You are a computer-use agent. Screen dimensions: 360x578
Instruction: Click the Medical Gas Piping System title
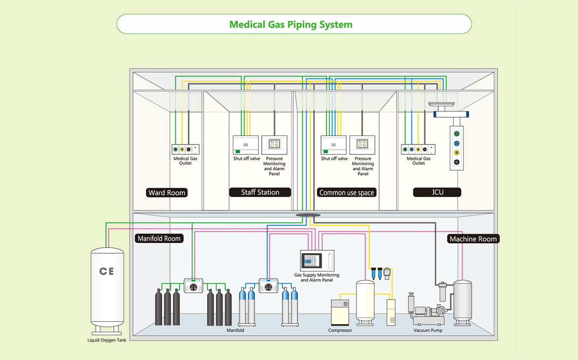coord(291,25)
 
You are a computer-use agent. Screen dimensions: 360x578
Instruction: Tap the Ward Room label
coord(167,193)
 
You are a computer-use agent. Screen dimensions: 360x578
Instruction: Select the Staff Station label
coord(260,192)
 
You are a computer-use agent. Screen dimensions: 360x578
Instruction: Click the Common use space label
coord(346,193)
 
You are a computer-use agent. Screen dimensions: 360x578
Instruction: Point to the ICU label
coord(437,192)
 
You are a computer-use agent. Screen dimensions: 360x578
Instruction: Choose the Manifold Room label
coord(159,239)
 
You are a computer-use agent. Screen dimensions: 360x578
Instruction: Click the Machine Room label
coord(473,239)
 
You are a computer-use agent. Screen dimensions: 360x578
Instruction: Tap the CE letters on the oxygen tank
coord(107,271)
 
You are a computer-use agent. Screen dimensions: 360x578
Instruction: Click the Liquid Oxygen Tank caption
coord(107,340)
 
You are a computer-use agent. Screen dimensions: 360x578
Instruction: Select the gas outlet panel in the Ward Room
coord(185,149)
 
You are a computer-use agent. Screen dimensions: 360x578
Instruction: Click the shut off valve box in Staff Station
coord(246,145)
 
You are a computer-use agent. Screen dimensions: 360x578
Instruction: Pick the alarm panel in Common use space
coord(362,145)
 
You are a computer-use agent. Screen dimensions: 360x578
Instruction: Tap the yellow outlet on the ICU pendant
coord(457,153)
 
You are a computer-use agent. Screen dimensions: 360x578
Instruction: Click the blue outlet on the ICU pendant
coord(457,143)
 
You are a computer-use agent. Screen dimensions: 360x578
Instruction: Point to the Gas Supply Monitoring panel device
coord(317,260)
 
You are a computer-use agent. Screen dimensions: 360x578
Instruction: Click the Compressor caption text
coord(340,330)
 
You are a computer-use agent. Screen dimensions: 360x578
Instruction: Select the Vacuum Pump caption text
coord(428,330)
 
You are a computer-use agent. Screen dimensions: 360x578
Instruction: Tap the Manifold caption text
coord(235,330)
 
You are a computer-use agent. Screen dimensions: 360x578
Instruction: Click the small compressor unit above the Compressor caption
coord(340,312)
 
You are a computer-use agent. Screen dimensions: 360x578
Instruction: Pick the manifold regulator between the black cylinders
coord(193,286)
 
